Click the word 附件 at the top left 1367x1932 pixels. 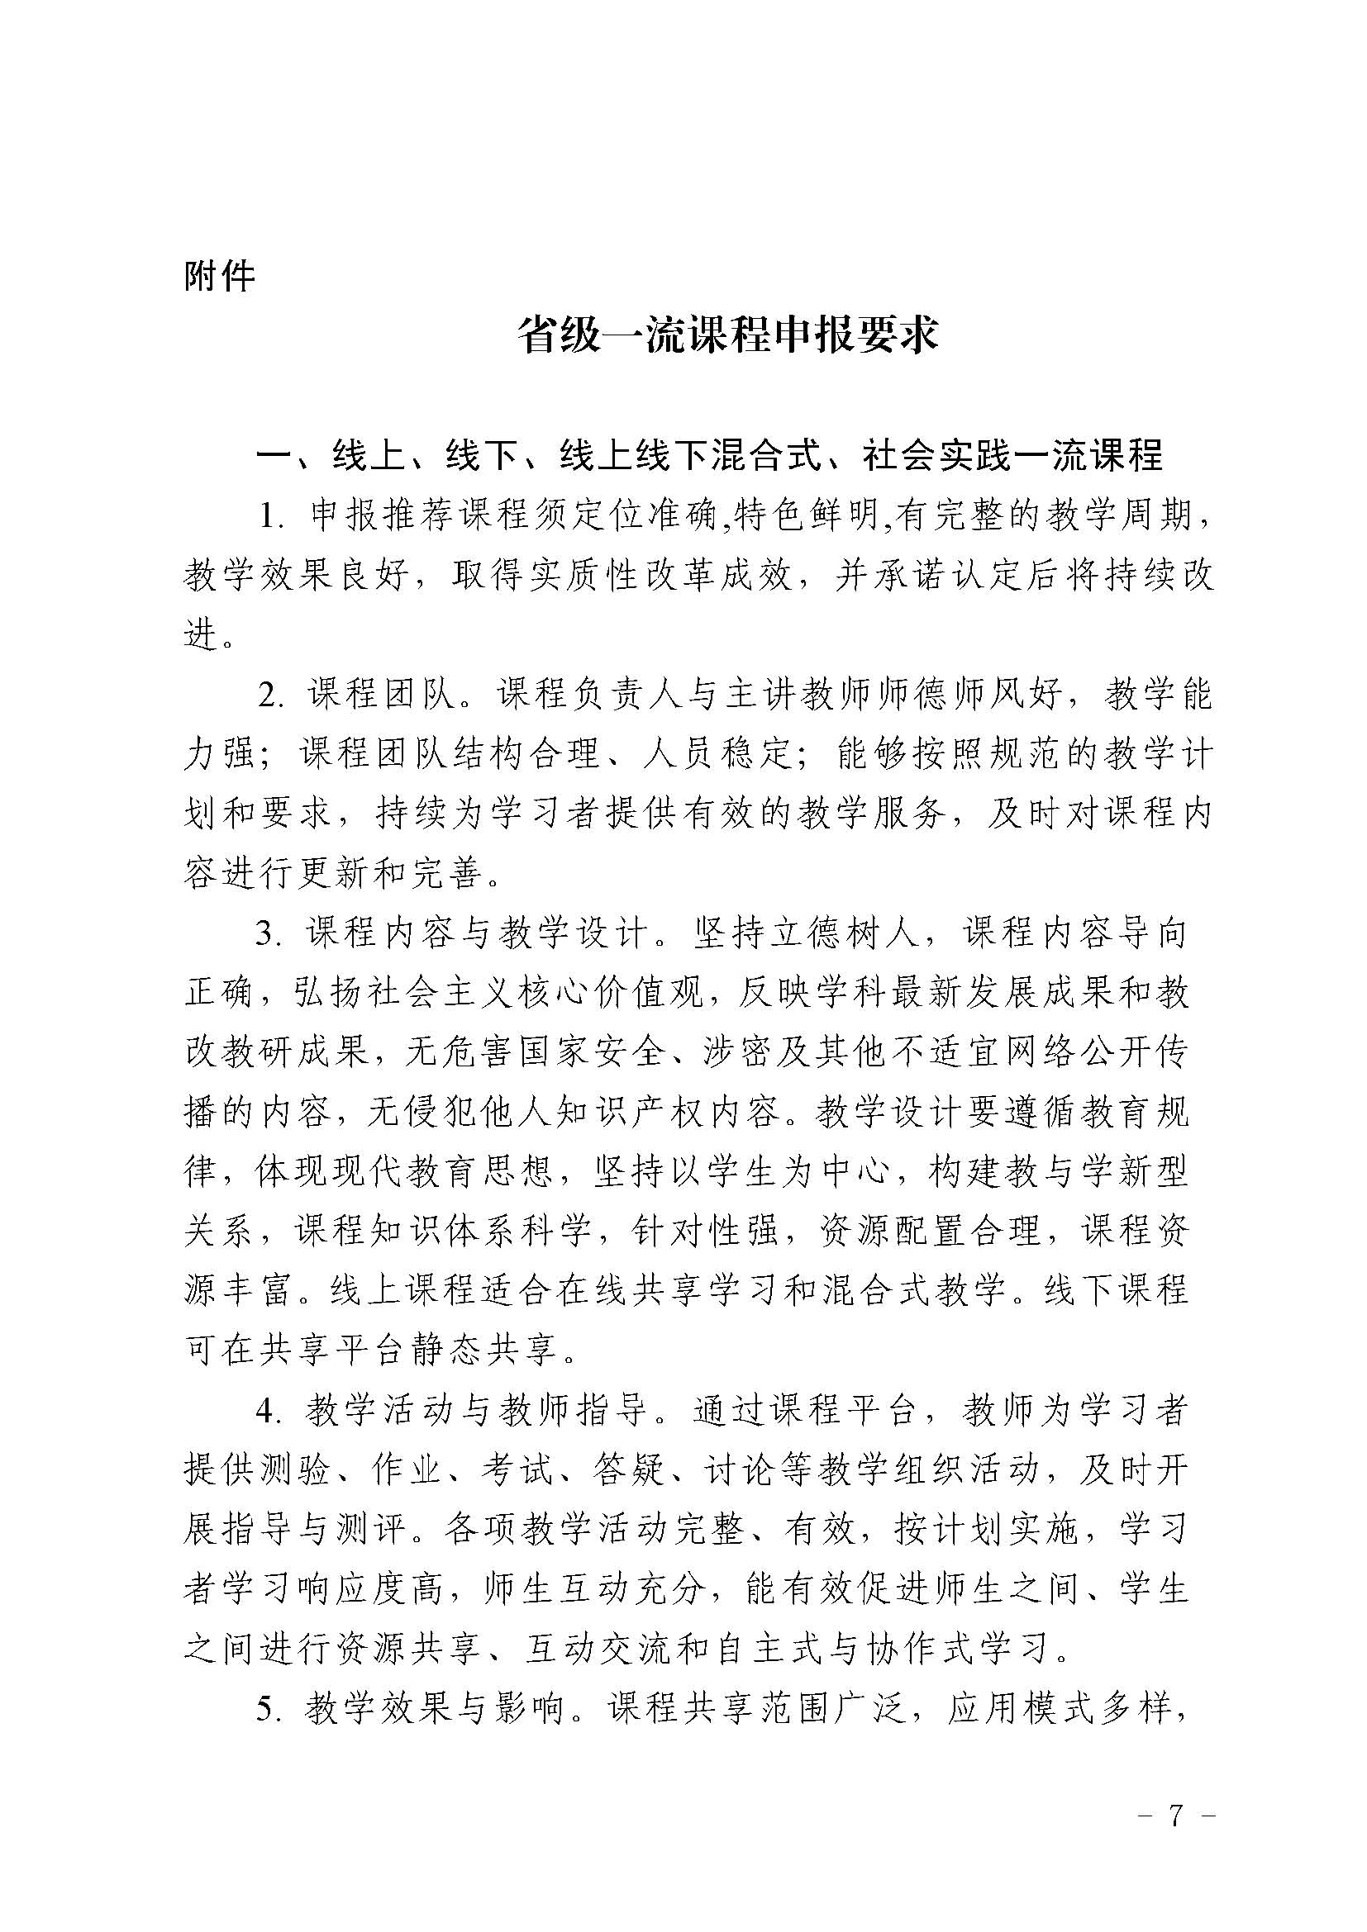[x=219, y=276]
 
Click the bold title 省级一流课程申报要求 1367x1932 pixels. [x=728, y=335]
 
